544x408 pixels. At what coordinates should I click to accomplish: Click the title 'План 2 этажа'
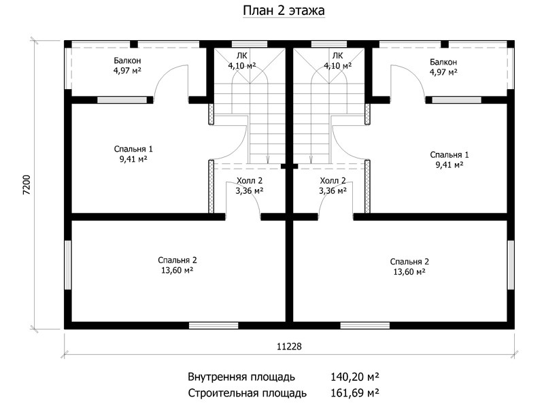284,10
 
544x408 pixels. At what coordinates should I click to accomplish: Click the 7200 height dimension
27,184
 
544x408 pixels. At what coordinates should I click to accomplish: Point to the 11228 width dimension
290,346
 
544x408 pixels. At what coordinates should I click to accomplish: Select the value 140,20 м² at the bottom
354,377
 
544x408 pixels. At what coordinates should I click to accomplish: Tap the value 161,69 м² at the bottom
354,393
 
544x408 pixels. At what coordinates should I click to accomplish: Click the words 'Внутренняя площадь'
241,377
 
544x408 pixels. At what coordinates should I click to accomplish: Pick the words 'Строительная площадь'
248,394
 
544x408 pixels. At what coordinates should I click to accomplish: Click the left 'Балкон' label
127,61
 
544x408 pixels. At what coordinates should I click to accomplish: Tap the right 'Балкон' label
443,62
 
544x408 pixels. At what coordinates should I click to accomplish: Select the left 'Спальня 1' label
133,149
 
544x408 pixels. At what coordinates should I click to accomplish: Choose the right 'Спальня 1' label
449,154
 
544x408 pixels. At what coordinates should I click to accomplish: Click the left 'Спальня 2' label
177,260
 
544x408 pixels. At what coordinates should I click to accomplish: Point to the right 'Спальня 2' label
409,262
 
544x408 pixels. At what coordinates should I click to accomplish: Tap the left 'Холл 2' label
250,180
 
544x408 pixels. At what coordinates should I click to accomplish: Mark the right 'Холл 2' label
333,180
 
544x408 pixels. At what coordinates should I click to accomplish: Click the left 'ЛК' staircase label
242,56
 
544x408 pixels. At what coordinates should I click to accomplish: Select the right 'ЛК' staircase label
337,56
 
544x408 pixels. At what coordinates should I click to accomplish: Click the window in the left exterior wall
68,265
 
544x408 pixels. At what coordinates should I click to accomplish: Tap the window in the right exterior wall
511,265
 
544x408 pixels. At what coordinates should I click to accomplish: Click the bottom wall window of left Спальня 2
214,326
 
